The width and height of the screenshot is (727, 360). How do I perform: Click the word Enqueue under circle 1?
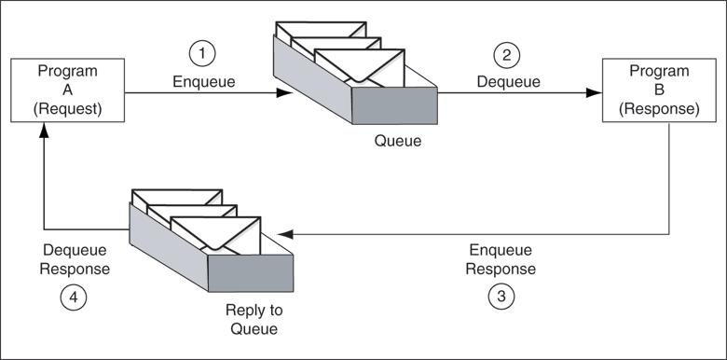tap(204, 81)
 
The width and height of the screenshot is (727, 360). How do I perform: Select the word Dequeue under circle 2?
tap(508, 81)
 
